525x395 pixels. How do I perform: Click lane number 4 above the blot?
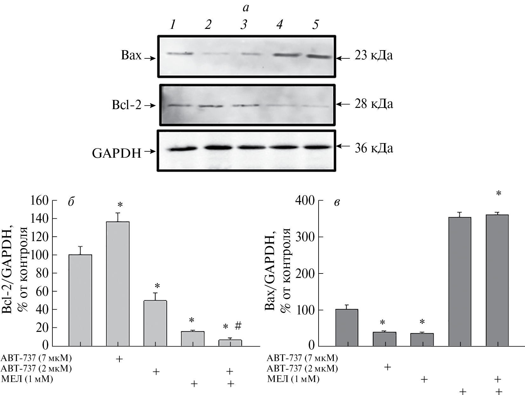click(279, 25)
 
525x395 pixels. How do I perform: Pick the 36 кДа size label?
click(374, 148)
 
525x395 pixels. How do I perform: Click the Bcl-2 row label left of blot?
click(126, 105)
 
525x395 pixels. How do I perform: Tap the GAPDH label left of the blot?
click(117, 154)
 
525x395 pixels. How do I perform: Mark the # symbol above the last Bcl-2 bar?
click(239, 326)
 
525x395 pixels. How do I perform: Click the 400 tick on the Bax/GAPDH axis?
click(305, 201)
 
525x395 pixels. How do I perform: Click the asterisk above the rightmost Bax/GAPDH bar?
click(499, 194)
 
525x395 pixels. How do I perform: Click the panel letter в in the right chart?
click(337, 202)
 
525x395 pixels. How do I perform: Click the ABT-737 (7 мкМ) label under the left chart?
click(37, 358)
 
